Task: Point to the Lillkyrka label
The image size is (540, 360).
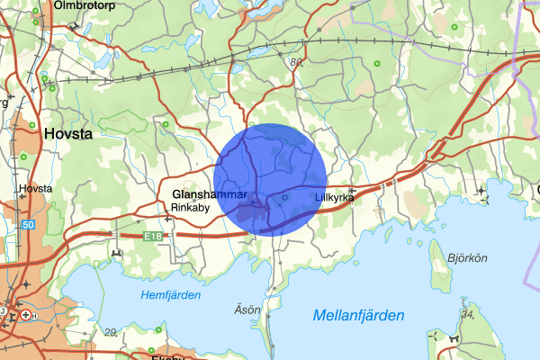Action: (x=334, y=197)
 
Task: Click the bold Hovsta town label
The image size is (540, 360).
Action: (x=68, y=133)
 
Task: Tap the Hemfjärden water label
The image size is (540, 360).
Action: (x=171, y=295)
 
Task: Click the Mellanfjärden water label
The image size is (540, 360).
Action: (x=358, y=315)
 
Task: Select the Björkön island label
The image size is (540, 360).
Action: (x=468, y=257)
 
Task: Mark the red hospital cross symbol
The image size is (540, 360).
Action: (x=25, y=315)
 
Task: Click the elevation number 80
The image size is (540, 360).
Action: (x=297, y=62)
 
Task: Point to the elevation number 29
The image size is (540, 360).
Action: (x=111, y=332)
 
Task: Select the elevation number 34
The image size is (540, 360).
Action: (x=466, y=313)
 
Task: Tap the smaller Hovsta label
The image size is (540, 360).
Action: (x=36, y=189)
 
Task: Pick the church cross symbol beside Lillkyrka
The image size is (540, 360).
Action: (x=353, y=191)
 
